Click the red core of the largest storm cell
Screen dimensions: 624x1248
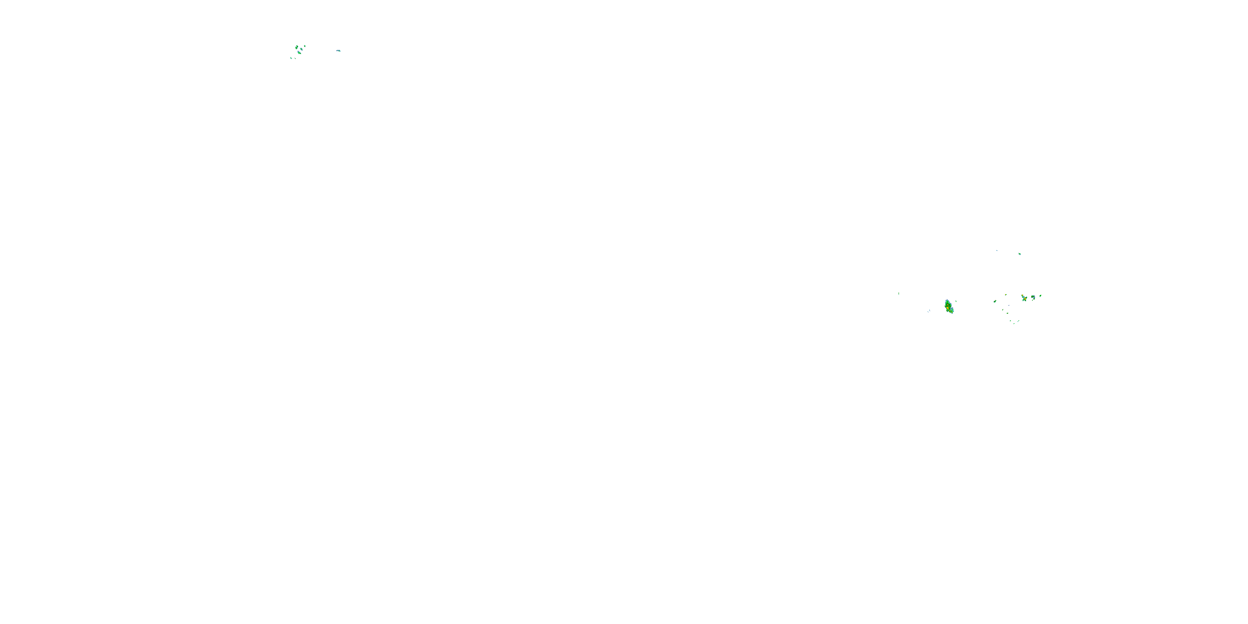[x=948, y=308]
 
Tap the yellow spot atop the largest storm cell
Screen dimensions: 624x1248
[x=948, y=305]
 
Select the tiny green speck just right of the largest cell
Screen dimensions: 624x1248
[x=956, y=301]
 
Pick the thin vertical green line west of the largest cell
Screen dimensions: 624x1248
[x=899, y=294]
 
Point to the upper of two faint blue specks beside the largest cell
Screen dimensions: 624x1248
[x=930, y=310]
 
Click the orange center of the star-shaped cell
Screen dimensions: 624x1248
[x=1025, y=299]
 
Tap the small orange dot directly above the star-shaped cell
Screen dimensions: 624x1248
[x=1023, y=295]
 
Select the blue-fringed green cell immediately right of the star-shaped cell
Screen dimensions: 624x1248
[x=1033, y=297]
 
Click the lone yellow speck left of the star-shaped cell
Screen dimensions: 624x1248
[x=1006, y=295]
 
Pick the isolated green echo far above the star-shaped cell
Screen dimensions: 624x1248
[x=1020, y=254]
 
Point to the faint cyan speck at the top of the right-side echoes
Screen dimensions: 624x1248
[x=997, y=250]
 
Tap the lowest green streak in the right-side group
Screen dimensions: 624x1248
[x=1014, y=324]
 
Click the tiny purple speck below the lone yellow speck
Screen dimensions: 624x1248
[x=1009, y=305]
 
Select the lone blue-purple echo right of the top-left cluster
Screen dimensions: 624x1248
[x=339, y=51]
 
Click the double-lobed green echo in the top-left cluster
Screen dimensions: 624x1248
[x=297, y=47]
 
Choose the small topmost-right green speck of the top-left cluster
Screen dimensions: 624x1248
[x=305, y=46]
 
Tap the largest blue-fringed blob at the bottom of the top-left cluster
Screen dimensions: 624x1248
[x=300, y=53]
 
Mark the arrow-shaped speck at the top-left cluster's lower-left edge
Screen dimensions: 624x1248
[x=291, y=58]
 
